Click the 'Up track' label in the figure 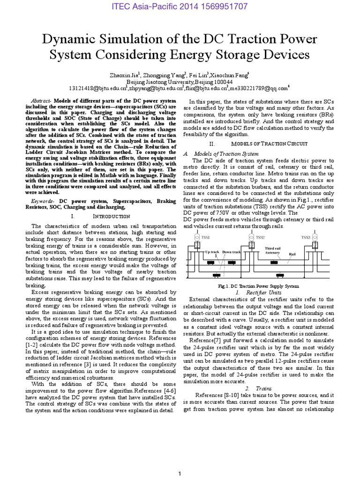[211, 252]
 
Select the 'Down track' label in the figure [232, 252]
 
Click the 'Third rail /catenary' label [273, 250]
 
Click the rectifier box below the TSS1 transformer [197, 246]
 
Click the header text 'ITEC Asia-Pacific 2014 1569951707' [180, 7]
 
